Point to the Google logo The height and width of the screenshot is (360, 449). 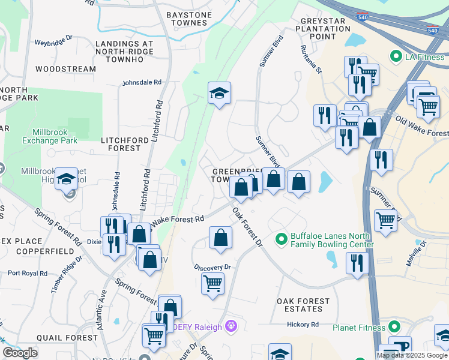(20, 353)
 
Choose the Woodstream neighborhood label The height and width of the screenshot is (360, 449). (65, 69)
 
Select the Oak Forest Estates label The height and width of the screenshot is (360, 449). (303, 305)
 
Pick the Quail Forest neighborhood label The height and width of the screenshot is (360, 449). (67, 338)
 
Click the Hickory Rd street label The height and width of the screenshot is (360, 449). (303, 325)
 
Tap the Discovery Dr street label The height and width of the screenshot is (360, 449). (212, 267)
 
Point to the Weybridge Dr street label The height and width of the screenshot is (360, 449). (53, 43)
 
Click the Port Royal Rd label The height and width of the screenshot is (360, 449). (28, 273)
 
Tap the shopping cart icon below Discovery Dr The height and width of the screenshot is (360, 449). (213, 283)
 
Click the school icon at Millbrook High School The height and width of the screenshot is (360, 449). (66, 178)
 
